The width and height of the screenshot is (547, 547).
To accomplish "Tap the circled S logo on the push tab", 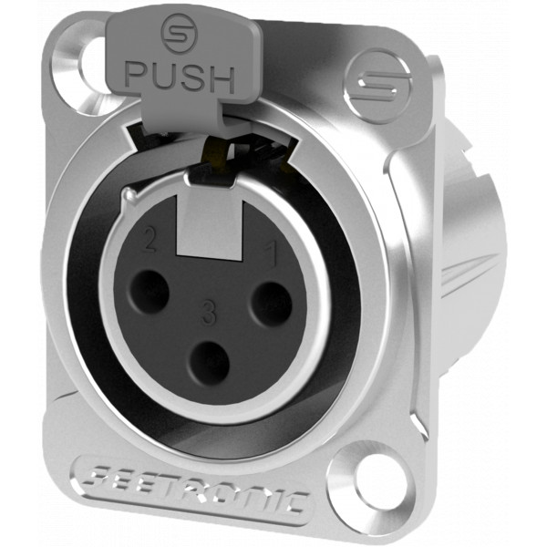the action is tap(179, 33).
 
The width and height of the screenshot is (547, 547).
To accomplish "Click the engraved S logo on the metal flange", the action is tap(379, 86).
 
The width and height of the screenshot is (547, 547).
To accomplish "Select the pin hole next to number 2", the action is tap(149, 292).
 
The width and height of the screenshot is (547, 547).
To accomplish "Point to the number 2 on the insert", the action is tap(150, 241).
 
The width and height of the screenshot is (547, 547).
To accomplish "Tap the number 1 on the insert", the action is tap(272, 254).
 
